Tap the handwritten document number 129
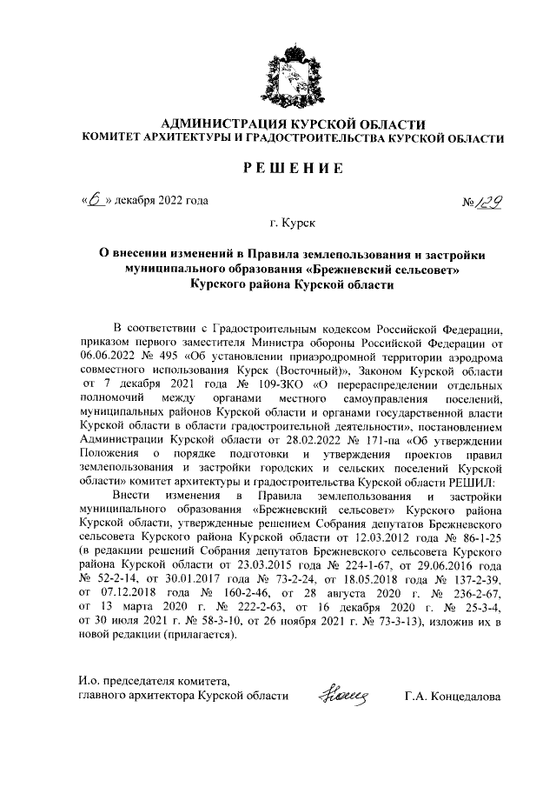(491, 203)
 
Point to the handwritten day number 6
(93, 200)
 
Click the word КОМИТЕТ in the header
(116, 139)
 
